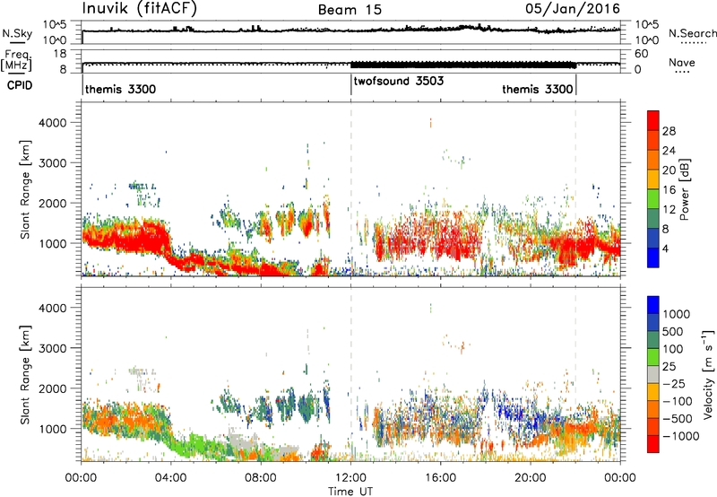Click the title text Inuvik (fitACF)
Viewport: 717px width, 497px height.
click(140, 9)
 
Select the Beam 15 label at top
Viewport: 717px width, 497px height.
click(350, 10)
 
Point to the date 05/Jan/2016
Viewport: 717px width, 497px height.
click(573, 9)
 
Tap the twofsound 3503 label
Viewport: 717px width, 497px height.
click(399, 81)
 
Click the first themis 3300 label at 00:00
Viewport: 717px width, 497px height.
click(120, 89)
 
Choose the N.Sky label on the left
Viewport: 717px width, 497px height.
click(17, 34)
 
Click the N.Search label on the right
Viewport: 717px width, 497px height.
click(692, 33)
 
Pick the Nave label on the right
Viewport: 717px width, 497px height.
click(682, 62)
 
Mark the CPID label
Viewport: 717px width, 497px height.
click(20, 85)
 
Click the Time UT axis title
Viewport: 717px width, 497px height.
click(350, 492)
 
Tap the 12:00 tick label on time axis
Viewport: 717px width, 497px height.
click(350, 478)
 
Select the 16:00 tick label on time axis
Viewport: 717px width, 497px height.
click(440, 478)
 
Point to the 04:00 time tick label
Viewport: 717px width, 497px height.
click(171, 478)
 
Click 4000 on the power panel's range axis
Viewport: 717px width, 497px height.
click(53, 123)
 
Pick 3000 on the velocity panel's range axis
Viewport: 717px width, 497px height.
click(53, 348)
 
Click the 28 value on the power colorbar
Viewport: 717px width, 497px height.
click(669, 131)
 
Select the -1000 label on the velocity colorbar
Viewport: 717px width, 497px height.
click(681, 436)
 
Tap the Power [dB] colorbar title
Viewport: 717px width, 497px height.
click(684, 189)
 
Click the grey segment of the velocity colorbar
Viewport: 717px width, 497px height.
click(653, 374)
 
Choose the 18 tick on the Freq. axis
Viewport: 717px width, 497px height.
click(60, 54)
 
